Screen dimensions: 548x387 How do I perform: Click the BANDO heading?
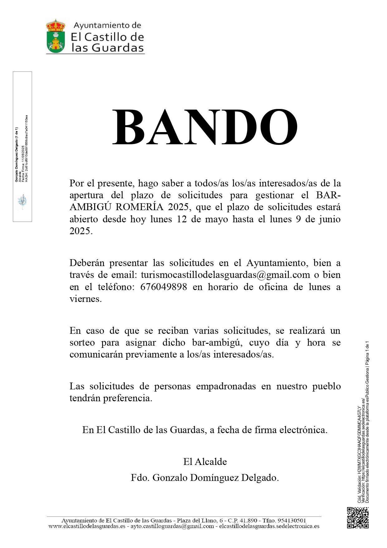[x=205, y=127]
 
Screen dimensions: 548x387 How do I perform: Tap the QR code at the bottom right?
[x=358, y=518]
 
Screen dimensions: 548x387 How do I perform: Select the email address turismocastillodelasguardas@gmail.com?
[x=225, y=275]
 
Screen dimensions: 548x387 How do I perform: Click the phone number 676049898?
[x=164, y=287]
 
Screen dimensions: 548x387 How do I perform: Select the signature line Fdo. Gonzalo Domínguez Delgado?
[x=205, y=477]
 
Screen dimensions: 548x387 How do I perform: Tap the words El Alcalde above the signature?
[x=205, y=462]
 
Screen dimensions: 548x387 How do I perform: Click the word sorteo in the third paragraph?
[x=82, y=343]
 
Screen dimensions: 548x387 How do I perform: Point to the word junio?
[x=330, y=219]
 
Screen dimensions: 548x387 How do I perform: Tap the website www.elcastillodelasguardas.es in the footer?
[x=87, y=526]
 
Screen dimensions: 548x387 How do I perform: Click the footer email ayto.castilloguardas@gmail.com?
[x=172, y=526]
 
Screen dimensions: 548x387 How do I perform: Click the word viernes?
[x=85, y=299]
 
